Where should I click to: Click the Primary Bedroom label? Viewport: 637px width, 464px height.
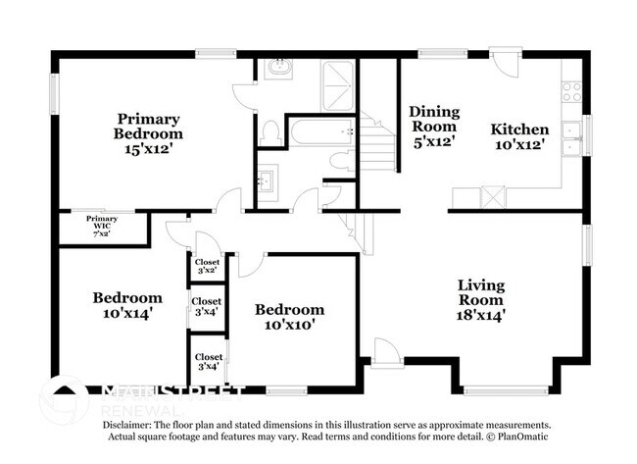pos(148,133)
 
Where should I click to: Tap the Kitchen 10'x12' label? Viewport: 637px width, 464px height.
pos(519,137)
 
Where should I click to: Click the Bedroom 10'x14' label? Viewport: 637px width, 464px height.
pos(127,305)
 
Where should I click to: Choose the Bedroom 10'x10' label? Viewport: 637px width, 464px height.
pos(289,316)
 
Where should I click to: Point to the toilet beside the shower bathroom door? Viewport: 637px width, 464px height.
pos(271,130)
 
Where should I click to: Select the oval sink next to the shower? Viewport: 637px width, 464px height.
pos(278,68)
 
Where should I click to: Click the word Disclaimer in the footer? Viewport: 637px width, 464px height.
pos(129,424)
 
